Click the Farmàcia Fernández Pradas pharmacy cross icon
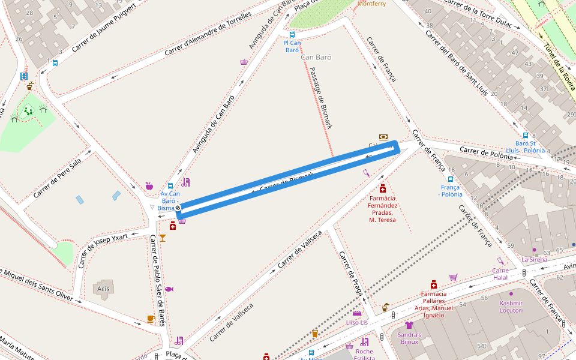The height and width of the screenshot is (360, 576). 383,188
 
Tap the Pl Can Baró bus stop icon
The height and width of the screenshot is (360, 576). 292,35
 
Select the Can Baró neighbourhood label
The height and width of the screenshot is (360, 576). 317,58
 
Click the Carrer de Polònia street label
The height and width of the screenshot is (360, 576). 486,152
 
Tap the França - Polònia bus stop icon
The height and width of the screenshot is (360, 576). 451,179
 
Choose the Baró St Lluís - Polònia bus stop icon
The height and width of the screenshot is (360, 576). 526,136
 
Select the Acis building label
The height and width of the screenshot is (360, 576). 103,289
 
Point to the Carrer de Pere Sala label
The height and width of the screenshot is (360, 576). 58,179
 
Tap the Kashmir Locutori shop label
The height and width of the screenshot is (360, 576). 511,307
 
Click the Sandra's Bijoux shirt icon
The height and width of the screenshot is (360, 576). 409,325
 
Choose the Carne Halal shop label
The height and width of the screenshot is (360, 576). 500,274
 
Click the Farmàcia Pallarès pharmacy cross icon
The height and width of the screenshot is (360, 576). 433,284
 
